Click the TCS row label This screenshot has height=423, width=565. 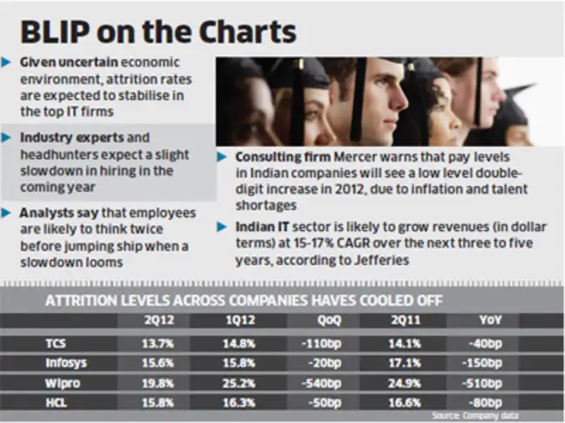coord(56,342)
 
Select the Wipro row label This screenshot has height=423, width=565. coord(61,382)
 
